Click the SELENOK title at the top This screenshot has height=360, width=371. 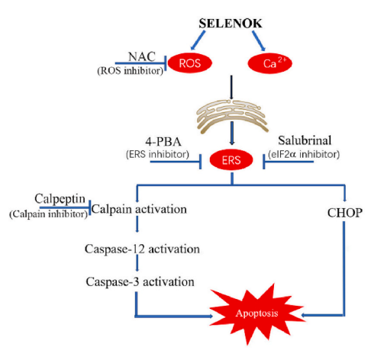point(231,24)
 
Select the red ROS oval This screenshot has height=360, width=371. point(190,63)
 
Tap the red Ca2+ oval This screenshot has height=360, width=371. point(269,63)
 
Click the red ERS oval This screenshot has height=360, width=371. point(231,160)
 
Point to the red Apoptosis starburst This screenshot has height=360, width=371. point(256,313)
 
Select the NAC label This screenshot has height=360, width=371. point(142,56)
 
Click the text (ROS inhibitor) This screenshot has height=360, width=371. point(131,71)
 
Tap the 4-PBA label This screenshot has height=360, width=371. point(163,142)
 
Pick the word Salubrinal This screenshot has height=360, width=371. point(305,140)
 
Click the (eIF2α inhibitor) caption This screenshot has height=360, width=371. point(304,154)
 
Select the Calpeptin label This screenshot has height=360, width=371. point(60,199)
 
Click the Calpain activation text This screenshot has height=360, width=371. point(139,210)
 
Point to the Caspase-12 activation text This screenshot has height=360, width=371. point(142,249)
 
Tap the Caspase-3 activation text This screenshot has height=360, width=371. point(140,282)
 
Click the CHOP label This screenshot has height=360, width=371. point(345,213)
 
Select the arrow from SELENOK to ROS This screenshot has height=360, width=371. point(198,40)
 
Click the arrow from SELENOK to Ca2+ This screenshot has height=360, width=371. point(259,40)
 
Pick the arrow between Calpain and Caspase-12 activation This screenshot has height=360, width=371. point(137,224)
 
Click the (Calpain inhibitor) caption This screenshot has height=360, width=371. point(48,214)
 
